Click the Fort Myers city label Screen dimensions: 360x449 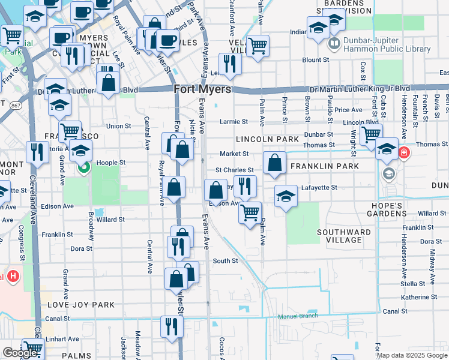202,89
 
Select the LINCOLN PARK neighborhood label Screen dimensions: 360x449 267,139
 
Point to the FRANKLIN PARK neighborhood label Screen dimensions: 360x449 324,166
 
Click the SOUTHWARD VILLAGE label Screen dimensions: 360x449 344,236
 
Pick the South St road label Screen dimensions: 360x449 226,261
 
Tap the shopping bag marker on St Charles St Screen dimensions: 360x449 274,163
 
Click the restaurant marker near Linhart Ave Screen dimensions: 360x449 172,326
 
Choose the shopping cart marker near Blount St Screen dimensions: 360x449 258,45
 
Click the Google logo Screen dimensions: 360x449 20,353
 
